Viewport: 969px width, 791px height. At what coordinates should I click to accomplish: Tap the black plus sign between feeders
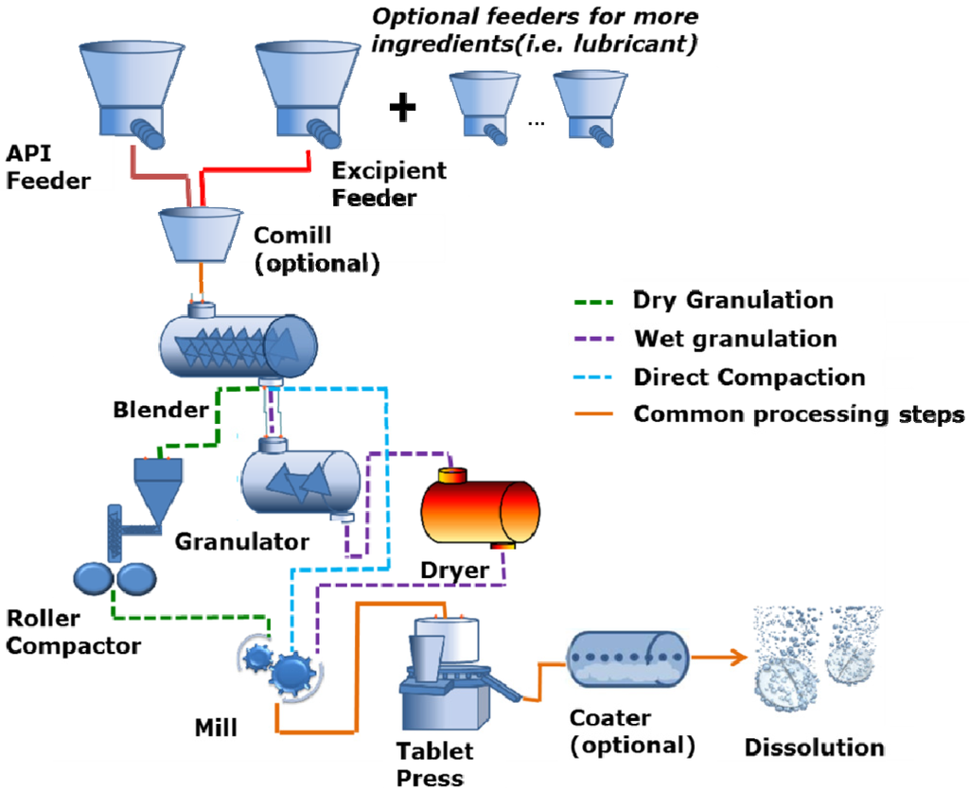pos(403,108)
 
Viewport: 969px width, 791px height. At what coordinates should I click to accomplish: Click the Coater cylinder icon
pos(626,659)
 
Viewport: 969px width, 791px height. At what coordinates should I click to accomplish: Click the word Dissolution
pos(814,747)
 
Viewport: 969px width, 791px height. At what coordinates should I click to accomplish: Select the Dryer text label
pos(456,571)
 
